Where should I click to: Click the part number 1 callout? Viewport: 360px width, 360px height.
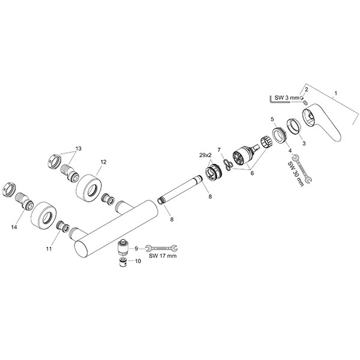click(x=335, y=93)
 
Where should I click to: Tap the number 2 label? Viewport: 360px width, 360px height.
click(x=307, y=89)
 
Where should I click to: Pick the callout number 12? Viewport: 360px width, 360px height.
click(x=103, y=162)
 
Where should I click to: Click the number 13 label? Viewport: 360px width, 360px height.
click(x=78, y=148)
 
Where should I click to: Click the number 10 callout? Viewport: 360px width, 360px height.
click(x=138, y=261)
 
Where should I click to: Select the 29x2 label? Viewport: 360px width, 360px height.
click(x=204, y=155)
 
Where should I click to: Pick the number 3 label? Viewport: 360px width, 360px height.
click(x=304, y=143)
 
